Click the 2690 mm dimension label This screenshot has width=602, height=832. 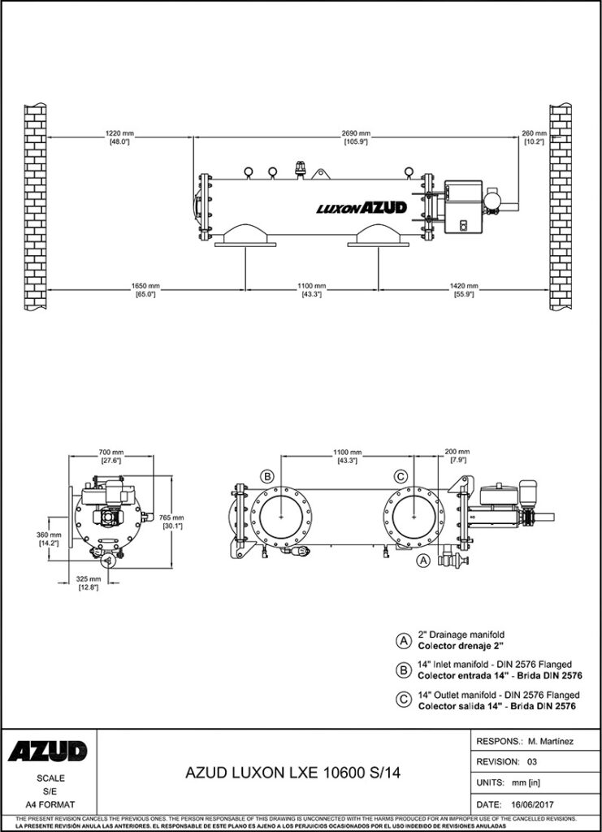coord(356,133)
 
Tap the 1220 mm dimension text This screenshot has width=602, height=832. coord(119,133)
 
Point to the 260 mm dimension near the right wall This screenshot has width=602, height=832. coord(534,133)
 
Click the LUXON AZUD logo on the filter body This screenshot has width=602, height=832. coord(361,209)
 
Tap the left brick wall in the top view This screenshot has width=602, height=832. coord(34,206)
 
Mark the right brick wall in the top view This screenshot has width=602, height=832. coord(562,206)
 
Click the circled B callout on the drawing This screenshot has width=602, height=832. coord(267,475)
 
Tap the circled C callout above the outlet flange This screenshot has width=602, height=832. coord(401,475)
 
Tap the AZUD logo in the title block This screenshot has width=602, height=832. coord(48,751)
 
